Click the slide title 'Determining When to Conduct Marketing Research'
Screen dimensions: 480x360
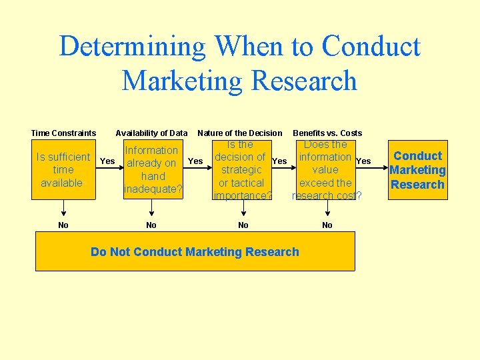click(x=239, y=63)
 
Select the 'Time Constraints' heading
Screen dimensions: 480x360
click(x=63, y=133)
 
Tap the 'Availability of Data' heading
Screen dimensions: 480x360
click(x=151, y=133)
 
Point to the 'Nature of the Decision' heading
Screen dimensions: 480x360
click(x=240, y=133)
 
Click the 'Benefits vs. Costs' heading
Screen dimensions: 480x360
click(x=327, y=133)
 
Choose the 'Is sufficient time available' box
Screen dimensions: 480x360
click(x=63, y=170)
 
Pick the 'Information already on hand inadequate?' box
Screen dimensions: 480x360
click(x=153, y=170)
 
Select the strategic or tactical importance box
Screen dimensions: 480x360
click(x=241, y=170)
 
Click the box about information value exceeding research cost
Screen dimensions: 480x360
click(x=327, y=170)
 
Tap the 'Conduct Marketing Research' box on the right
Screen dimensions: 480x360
click(x=418, y=170)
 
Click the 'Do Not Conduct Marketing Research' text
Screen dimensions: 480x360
click(x=195, y=252)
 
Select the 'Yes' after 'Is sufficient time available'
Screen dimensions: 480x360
click(x=107, y=161)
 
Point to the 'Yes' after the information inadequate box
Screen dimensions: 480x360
click(x=195, y=161)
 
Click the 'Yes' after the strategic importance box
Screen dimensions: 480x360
click(x=280, y=161)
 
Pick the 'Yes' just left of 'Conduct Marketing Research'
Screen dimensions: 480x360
click(x=363, y=161)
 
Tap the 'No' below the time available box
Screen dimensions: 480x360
click(x=63, y=225)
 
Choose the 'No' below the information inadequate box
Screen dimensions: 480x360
click(x=151, y=225)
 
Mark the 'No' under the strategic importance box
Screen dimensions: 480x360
click(x=243, y=225)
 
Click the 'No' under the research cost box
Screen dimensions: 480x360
click(x=327, y=225)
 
